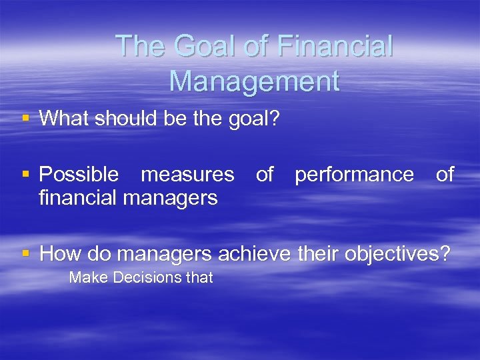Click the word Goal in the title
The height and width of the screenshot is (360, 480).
coord(196,47)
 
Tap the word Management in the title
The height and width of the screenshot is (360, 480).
coord(254,81)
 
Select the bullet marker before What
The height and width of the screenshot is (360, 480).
coord(26,119)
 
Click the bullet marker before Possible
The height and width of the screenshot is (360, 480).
coord(26,175)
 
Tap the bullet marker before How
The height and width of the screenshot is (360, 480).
coord(26,253)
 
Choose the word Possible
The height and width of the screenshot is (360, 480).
coord(79,175)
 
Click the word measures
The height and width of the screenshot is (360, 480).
coord(187,175)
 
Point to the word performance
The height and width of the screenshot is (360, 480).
coord(354,175)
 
